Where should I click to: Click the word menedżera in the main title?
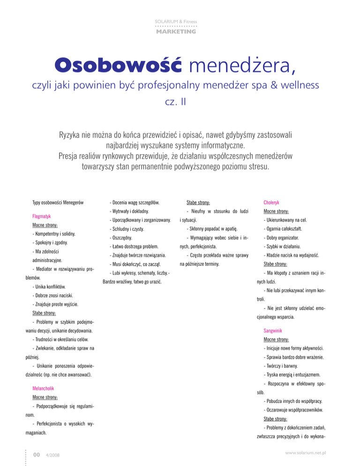pyautogui.click(x=242, y=66)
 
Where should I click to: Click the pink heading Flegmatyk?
pyautogui.click(x=42, y=217)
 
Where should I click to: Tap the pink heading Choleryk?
pyautogui.click(x=272, y=203)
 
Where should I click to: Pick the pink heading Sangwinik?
pyautogui.click(x=274, y=331)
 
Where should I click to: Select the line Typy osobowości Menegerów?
pyautogui.click(x=58, y=203)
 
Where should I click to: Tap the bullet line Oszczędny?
pyautogui.click(x=120, y=238)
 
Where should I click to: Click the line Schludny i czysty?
pyautogui.click(x=126, y=229)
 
